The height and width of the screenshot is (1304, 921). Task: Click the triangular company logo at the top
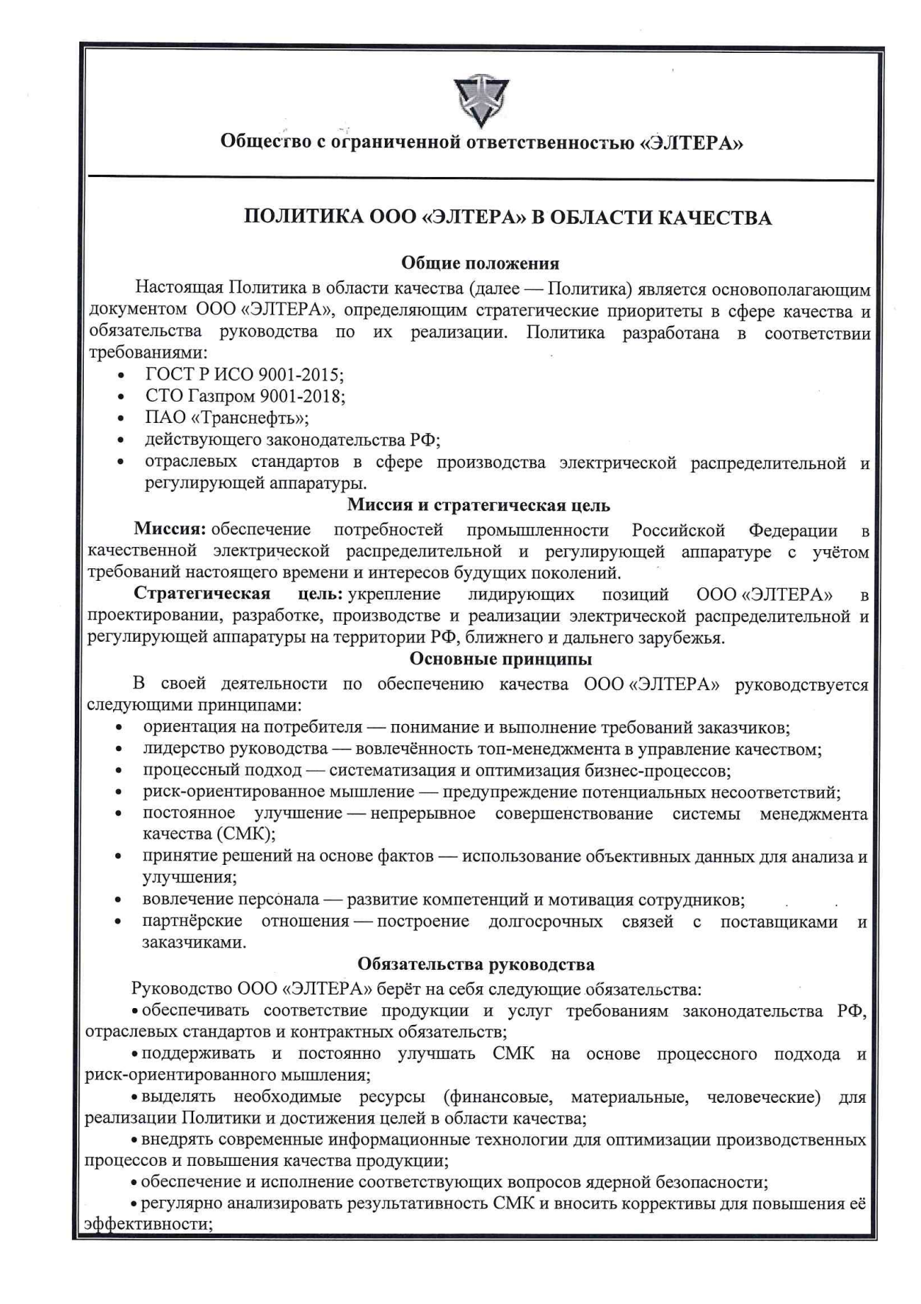[x=481, y=100]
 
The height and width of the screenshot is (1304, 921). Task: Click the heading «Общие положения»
[x=480, y=263]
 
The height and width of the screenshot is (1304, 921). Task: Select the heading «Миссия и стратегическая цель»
[x=479, y=505]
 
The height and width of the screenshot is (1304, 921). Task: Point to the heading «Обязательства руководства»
[x=476, y=964]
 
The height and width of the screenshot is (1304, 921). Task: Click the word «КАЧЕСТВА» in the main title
[x=713, y=218]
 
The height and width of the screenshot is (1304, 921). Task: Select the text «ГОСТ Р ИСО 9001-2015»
[x=244, y=374]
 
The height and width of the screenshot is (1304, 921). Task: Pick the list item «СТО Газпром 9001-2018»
[x=245, y=396]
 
